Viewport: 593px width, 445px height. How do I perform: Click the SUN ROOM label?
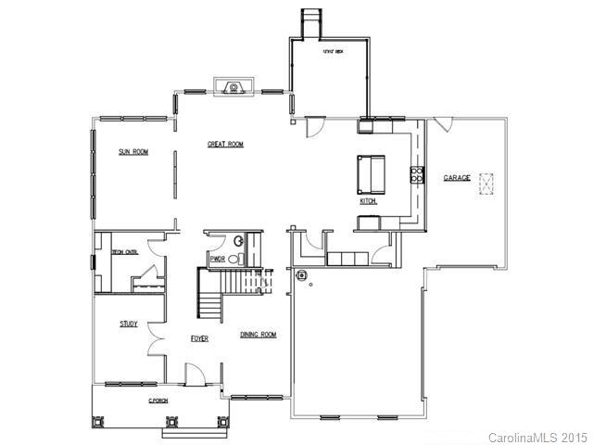pyautogui.click(x=132, y=151)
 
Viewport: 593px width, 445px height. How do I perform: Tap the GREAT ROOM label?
pyautogui.click(x=225, y=145)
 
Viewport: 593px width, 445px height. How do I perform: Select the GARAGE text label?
pyautogui.click(x=456, y=177)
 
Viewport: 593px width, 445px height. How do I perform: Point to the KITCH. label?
pyautogui.click(x=368, y=201)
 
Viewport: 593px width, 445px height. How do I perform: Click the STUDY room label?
pyautogui.click(x=129, y=324)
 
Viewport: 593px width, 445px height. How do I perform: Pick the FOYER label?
pyautogui.click(x=199, y=339)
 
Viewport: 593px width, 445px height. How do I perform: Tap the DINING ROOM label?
pyautogui.click(x=259, y=335)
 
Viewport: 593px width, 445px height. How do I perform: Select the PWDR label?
pyautogui.click(x=219, y=259)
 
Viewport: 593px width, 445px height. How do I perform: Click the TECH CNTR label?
pyautogui.click(x=125, y=251)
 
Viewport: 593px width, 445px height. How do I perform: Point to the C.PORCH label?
pyautogui.click(x=158, y=400)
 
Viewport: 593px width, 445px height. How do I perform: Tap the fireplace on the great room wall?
pyautogui.click(x=233, y=88)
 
